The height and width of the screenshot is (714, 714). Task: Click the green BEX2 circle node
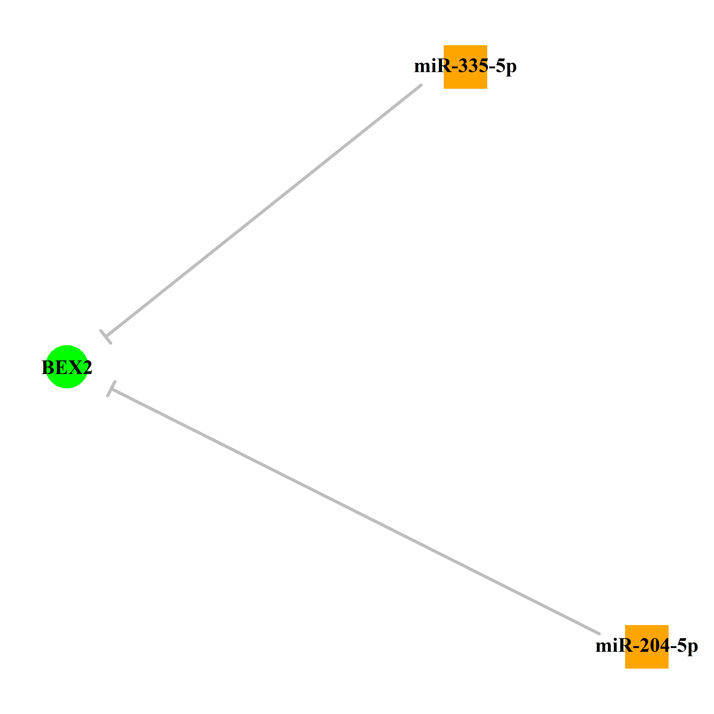click(66, 367)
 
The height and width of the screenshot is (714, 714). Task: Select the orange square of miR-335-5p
click(465, 67)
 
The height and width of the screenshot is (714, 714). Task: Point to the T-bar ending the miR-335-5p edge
click(106, 337)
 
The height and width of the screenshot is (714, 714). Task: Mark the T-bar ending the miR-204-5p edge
click(111, 388)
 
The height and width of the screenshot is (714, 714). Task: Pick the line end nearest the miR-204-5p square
click(599, 633)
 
